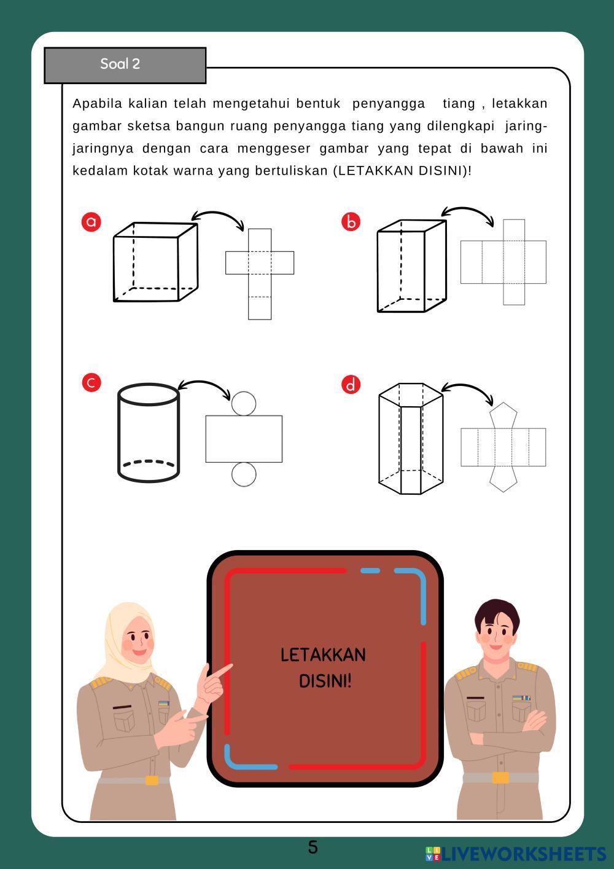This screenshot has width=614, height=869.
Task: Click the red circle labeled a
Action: [91, 222]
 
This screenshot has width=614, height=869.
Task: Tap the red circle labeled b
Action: [351, 222]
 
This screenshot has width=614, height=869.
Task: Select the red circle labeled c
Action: [91, 382]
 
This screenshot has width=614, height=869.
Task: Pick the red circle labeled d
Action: [351, 385]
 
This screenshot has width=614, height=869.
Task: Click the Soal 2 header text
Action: [120, 64]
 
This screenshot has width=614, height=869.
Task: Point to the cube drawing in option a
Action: [156, 262]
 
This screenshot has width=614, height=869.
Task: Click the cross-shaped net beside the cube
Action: [260, 274]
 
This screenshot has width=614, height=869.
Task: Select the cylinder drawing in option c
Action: [149, 433]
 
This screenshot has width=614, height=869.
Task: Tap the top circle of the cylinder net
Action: [244, 403]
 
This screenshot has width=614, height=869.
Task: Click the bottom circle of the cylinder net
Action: [244, 474]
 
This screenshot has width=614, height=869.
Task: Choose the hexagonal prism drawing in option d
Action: [411, 439]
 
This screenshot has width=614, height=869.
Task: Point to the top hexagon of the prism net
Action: [503, 415]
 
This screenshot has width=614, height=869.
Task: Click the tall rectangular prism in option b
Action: [411, 266]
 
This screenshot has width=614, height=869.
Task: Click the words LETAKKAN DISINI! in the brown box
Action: [324, 667]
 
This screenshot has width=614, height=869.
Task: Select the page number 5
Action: [313, 847]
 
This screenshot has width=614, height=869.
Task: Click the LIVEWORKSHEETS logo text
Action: [524, 854]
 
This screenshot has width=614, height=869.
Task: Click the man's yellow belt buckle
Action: [500, 777]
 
